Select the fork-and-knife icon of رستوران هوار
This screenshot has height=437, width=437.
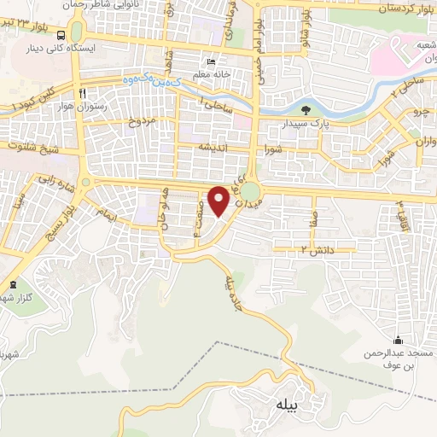83,92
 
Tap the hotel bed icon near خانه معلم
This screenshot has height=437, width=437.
211,62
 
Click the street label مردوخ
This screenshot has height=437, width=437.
143,121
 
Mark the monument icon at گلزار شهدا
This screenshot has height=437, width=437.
12,284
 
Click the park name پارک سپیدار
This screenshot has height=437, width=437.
306,125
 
